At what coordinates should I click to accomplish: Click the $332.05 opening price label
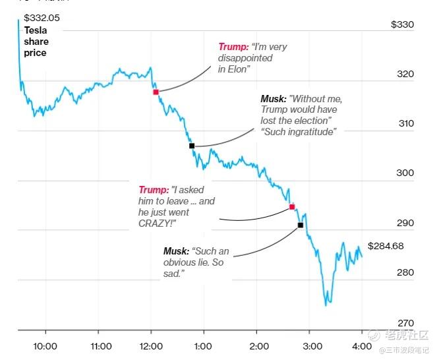(42, 18)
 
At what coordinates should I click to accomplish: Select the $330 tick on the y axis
(402, 24)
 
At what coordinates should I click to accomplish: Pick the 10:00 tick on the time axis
(45, 346)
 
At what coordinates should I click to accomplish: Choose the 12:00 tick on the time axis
(151, 346)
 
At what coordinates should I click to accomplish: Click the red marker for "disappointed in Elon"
(156, 92)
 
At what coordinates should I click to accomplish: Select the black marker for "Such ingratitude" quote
(192, 146)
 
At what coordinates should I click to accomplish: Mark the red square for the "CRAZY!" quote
(292, 207)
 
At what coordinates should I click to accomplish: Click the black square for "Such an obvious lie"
(301, 225)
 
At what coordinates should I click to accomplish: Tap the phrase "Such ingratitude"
(299, 131)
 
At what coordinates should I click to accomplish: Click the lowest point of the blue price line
(326, 305)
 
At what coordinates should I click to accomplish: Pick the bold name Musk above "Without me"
(273, 98)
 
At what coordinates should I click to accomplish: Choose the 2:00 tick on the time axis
(258, 346)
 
